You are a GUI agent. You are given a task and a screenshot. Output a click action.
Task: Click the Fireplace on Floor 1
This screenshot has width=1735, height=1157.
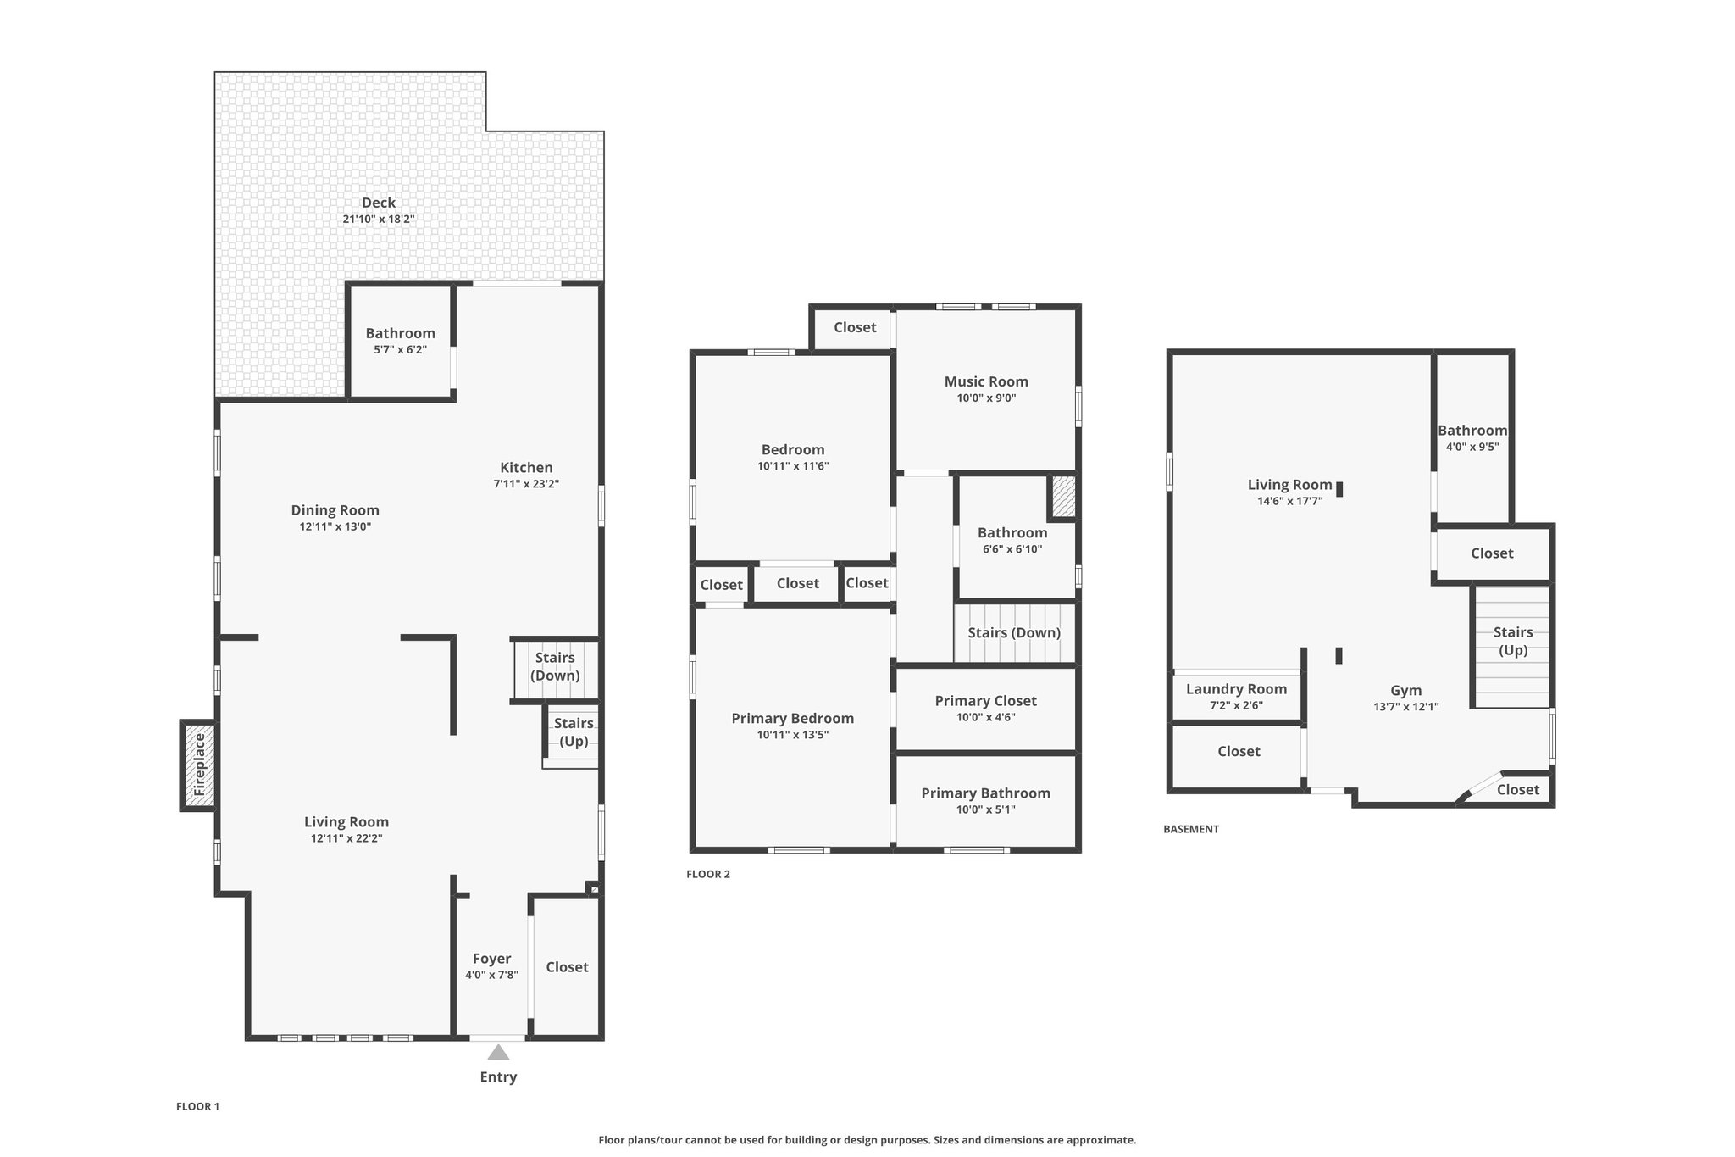198,765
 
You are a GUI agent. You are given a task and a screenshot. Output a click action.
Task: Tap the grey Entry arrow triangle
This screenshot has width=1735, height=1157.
498,1052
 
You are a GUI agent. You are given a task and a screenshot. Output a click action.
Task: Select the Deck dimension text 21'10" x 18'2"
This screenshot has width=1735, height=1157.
378,219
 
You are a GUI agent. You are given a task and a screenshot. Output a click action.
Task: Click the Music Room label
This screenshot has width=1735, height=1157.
986,381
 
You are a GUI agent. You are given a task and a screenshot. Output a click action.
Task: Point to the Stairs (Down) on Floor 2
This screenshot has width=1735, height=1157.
1014,632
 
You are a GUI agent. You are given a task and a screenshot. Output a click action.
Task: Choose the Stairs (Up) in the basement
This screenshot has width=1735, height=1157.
1513,647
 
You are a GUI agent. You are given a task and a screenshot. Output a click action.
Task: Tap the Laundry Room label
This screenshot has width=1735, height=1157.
1236,689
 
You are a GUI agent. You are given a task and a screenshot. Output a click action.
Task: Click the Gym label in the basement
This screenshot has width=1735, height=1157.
1405,690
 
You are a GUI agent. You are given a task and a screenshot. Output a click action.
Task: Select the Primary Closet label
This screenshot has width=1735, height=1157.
985,701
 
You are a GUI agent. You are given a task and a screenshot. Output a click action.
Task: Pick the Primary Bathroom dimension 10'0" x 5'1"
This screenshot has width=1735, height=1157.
985,809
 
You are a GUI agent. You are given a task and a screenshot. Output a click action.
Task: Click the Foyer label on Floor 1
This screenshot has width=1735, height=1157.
491,959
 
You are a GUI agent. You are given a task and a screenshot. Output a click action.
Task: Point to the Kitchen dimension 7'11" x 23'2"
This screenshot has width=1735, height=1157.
526,484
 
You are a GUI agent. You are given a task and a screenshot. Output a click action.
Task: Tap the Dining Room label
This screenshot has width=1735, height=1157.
335,510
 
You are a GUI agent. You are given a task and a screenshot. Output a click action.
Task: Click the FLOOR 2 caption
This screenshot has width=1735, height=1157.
707,874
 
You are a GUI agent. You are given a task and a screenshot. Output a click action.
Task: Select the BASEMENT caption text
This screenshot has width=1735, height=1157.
1191,829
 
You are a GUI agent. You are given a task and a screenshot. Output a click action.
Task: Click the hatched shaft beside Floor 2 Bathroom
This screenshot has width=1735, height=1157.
1063,497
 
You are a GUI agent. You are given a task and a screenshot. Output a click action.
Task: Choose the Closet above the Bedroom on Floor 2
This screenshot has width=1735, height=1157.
855,327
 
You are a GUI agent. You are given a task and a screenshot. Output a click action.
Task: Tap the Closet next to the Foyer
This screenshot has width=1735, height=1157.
567,967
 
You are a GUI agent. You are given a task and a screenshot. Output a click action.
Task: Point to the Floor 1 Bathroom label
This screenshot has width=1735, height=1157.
400,333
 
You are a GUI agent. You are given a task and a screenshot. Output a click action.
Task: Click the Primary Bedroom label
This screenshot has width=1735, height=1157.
792,719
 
